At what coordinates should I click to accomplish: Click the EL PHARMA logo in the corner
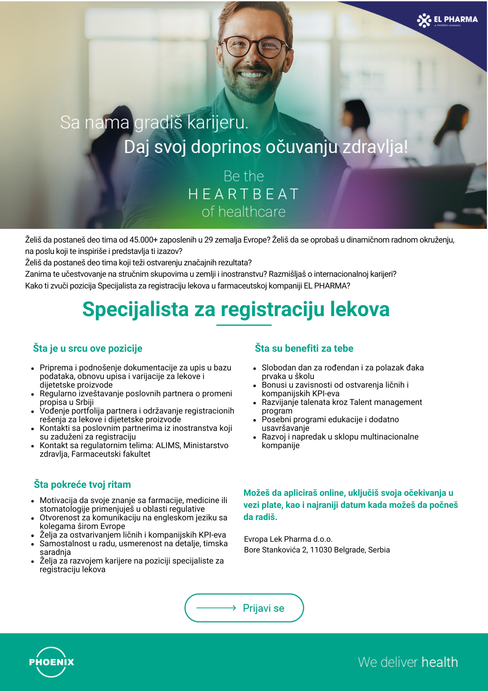tap(447, 20)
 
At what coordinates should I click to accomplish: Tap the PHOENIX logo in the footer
tap(52, 662)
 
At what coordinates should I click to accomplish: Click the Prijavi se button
tap(244, 608)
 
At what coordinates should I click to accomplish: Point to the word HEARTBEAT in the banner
tap(244, 194)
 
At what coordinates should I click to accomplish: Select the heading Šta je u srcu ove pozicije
tap(88, 348)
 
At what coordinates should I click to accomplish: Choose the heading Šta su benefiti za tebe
tap(304, 348)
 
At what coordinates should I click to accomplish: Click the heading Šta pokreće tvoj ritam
tap(82, 484)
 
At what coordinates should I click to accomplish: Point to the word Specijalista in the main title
tap(135, 309)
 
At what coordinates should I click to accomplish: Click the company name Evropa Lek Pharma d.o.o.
tap(288, 539)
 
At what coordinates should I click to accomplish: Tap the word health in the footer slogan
tap(439, 662)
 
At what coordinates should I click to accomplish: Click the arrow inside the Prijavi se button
tap(216, 608)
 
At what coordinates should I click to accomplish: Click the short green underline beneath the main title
tap(244, 325)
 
